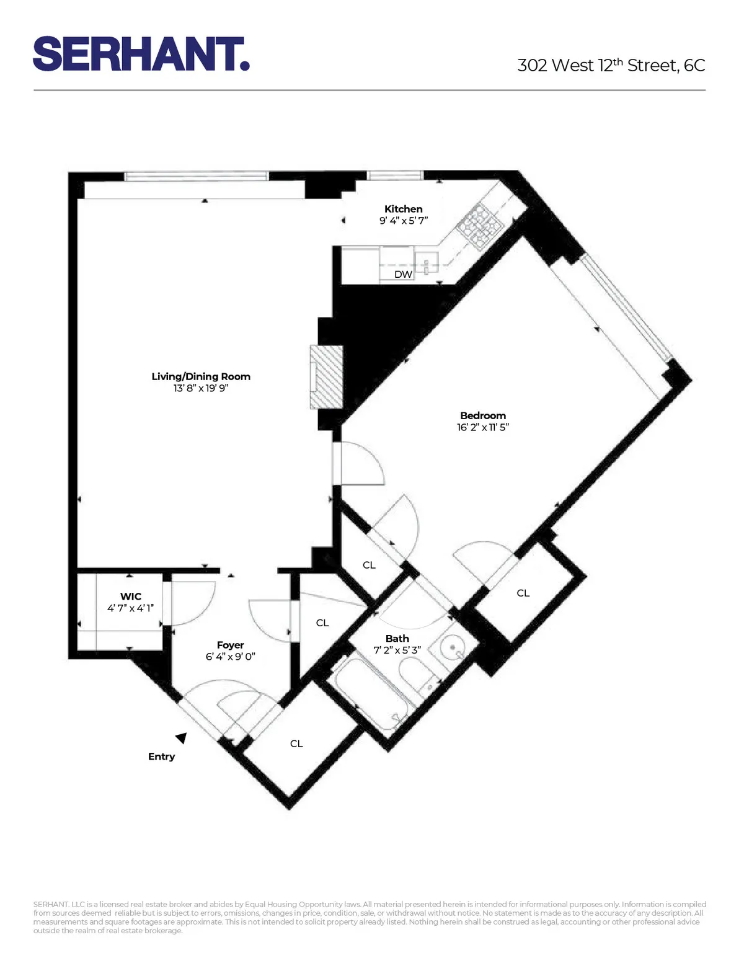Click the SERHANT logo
coord(141,54)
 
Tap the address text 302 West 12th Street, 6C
coord(611,65)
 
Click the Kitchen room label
coord(403,209)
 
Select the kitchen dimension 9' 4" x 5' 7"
coord(404,221)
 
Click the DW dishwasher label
coord(403,274)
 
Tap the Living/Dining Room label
coord(201,376)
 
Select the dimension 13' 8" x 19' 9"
coord(201,388)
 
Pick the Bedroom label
coord(483,415)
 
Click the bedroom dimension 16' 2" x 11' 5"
coord(483,427)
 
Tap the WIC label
coord(131,597)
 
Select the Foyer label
coord(230,645)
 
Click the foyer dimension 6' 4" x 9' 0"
coord(230,657)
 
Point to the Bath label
coord(397,639)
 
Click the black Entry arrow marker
coord(182,737)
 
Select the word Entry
coord(161,757)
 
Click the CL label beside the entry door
coord(296,743)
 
